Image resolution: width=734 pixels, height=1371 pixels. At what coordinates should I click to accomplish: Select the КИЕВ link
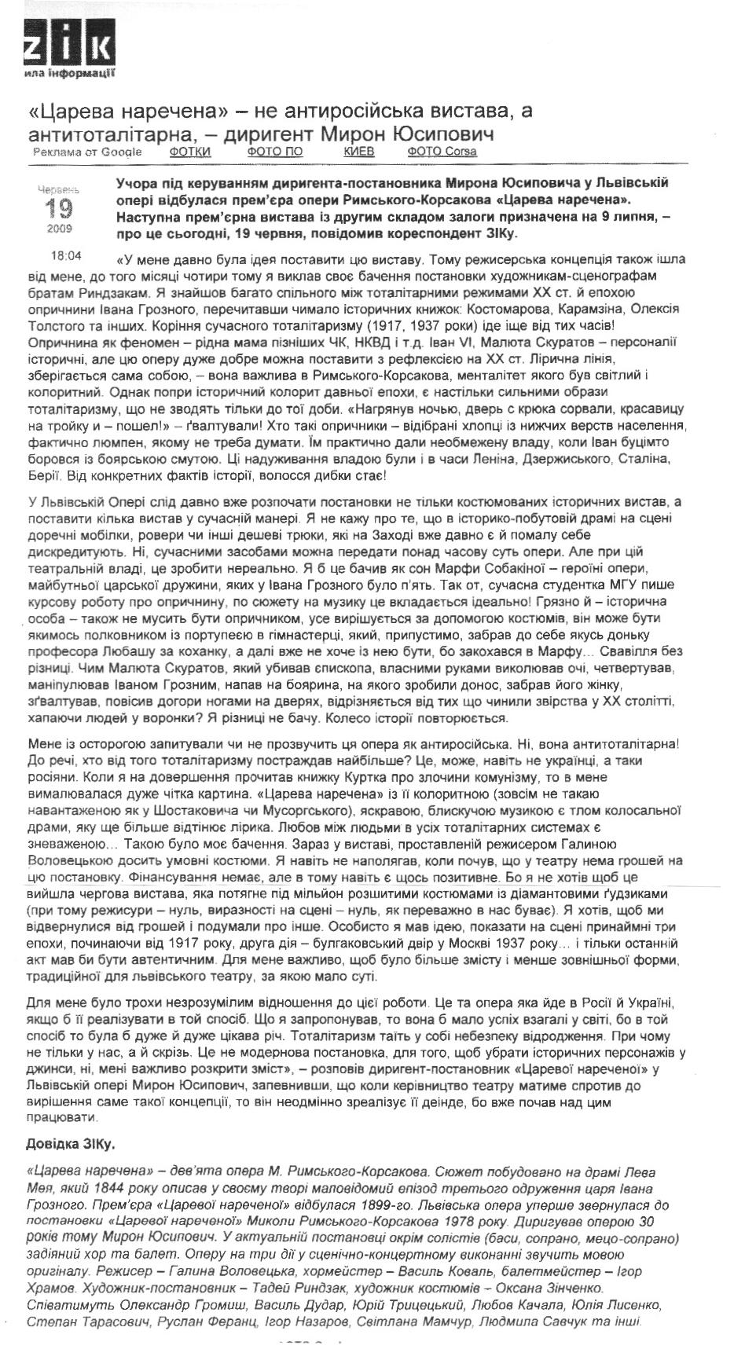click(x=358, y=152)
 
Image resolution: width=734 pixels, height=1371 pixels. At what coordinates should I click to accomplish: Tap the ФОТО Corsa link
click(x=442, y=152)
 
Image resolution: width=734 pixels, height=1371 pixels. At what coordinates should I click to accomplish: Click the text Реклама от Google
click(x=87, y=152)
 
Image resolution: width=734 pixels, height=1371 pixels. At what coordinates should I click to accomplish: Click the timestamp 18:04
click(x=66, y=255)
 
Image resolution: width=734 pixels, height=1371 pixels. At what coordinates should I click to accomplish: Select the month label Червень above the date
click(x=58, y=189)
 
